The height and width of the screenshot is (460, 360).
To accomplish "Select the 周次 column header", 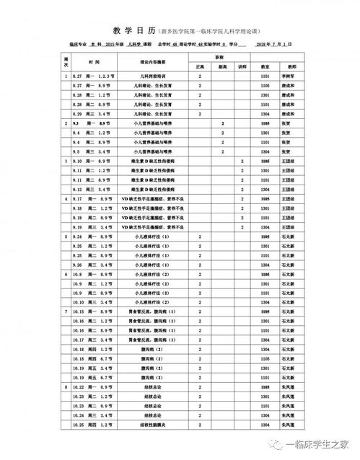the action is tap(66, 63).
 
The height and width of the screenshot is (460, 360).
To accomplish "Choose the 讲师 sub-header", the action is tap(242, 67).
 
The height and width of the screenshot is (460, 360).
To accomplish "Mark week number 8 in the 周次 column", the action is tap(66, 387).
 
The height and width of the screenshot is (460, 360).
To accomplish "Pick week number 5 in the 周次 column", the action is tap(66, 236).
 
